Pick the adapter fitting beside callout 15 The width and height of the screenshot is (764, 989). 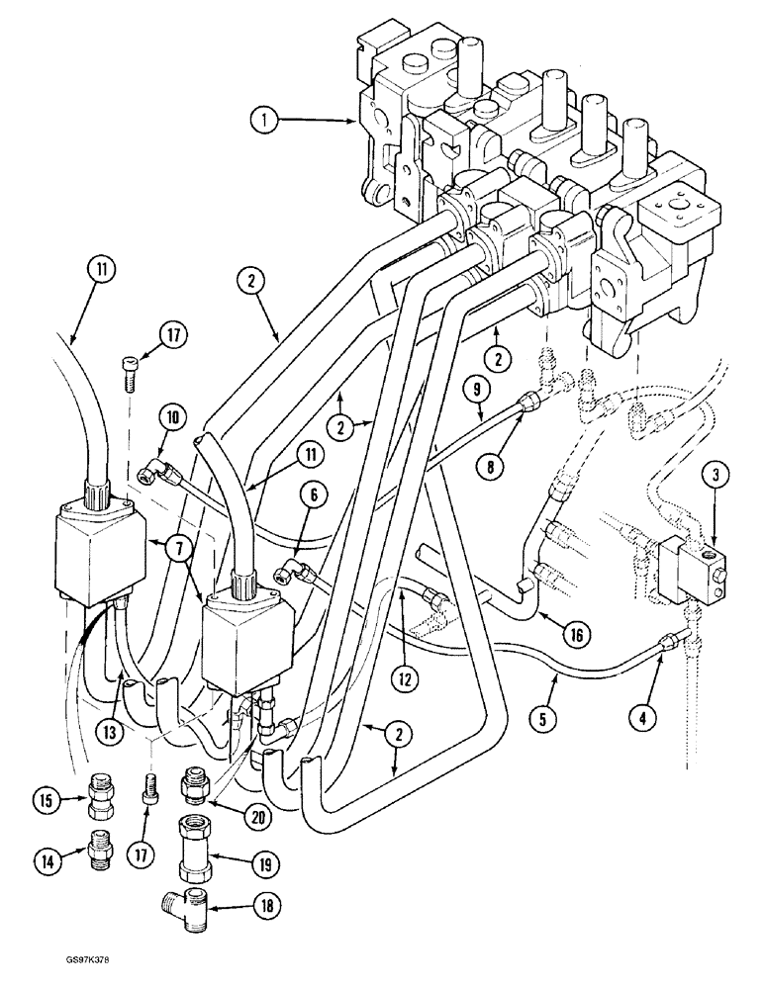pos(99,793)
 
